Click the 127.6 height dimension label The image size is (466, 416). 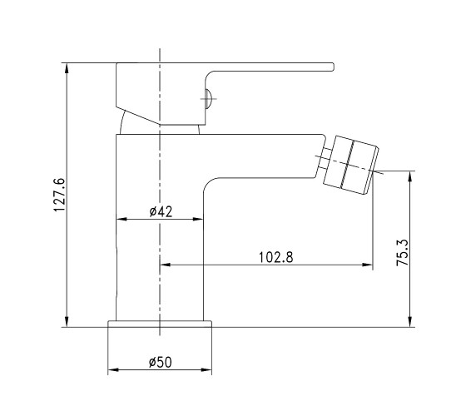tap(59, 195)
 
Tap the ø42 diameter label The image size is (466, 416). tap(161, 211)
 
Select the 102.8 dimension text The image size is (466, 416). tap(275, 257)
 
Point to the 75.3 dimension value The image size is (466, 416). tap(403, 252)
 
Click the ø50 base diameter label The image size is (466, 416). tap(160, 362)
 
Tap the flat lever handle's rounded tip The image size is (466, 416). tap(333, 67)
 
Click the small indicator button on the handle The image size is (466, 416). tap(208, 99)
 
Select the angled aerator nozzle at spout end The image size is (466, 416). tap(350, 166)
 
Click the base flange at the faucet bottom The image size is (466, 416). tap(160, 324)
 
